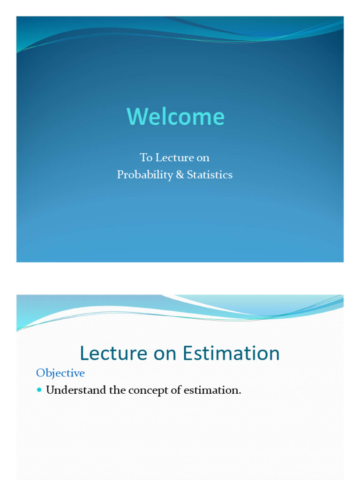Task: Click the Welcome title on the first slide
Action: tap(175, 116)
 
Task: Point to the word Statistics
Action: tap(210, 175)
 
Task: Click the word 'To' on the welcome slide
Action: tap(146, 157)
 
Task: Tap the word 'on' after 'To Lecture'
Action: tap(202, 157)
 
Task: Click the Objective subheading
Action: tap(60, 373)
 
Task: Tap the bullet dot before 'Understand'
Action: tap(39, 390)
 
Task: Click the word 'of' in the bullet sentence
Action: tap(175, 390)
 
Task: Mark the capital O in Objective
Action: tap(41, 373)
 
